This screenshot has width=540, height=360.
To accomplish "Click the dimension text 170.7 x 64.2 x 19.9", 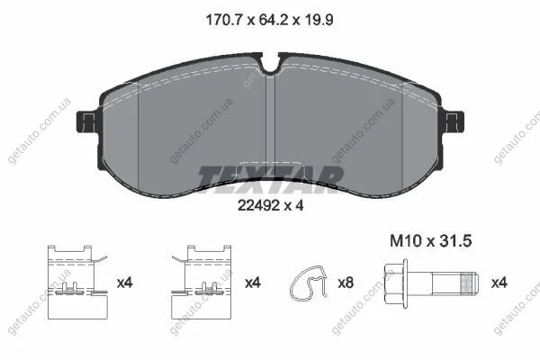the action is (269, 20).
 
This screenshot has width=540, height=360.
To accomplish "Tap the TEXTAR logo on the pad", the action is (270, 179).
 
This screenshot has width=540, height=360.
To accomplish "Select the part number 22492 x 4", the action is (271, 206).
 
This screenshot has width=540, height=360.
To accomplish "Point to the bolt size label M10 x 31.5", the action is (430, 241).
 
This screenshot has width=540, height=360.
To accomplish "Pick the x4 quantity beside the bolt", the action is (499, 283).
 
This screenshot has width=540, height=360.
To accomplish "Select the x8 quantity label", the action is (346, 283).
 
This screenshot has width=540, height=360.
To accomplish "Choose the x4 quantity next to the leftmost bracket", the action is (125, 283).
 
